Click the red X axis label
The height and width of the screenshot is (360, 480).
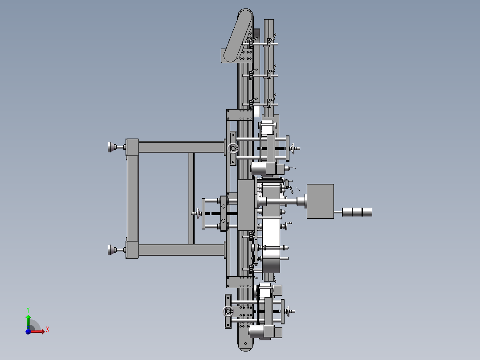[48, 329]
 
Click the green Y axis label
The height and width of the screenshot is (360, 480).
[28, 310]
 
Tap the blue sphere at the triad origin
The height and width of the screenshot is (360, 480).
[28, 331]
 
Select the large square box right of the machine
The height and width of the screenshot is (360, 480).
[320, 201]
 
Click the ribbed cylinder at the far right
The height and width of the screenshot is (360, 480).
[357, 212]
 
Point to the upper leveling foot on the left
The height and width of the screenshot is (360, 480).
[112, 147]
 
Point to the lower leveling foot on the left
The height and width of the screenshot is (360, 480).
[112, 250]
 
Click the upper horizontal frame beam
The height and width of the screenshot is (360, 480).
[181, 147]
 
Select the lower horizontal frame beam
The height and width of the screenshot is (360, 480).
[181, 250]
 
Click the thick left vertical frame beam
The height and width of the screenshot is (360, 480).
[132, 198]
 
